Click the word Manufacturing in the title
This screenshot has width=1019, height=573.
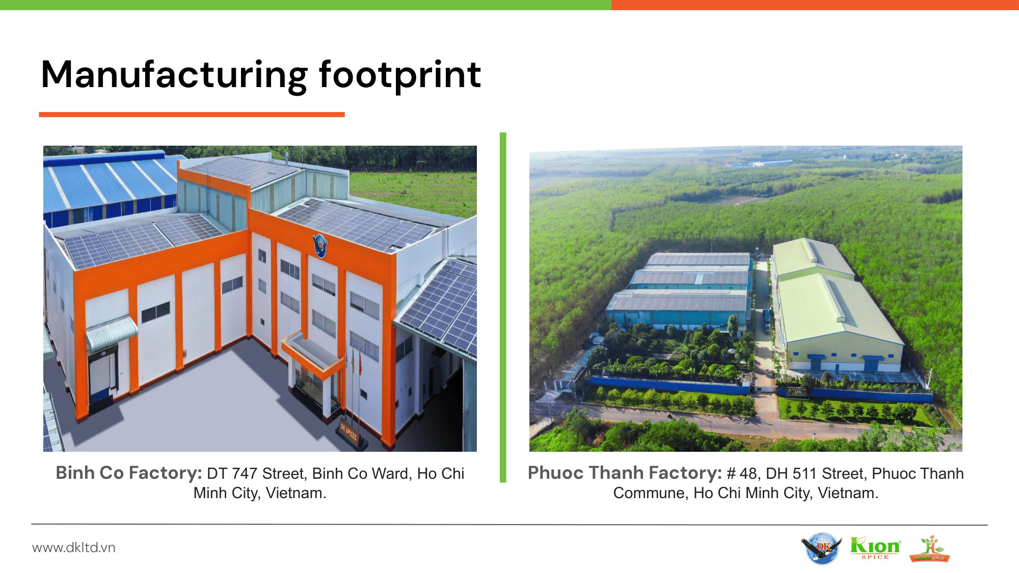click(x=174, y=75)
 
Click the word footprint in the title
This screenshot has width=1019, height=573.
click(x=400, y=75)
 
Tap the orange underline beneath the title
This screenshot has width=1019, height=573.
click(x=192, y=115)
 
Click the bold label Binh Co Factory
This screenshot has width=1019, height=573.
click(x=129, y=473)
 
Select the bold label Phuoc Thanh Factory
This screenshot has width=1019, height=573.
click(x=625, y=473)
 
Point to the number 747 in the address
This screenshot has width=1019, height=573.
click(x=245, y=474)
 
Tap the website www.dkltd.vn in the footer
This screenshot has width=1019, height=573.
click(x=74, y=548)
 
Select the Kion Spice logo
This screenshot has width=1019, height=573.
click(x=875, y=548)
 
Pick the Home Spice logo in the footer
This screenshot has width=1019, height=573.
click(x=930, y=549)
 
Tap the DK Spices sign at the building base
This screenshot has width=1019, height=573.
click(x=350, y=433)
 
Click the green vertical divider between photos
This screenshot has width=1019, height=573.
click(x=503, y=307)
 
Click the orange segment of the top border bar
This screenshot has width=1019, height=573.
click(x=815, y=5)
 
